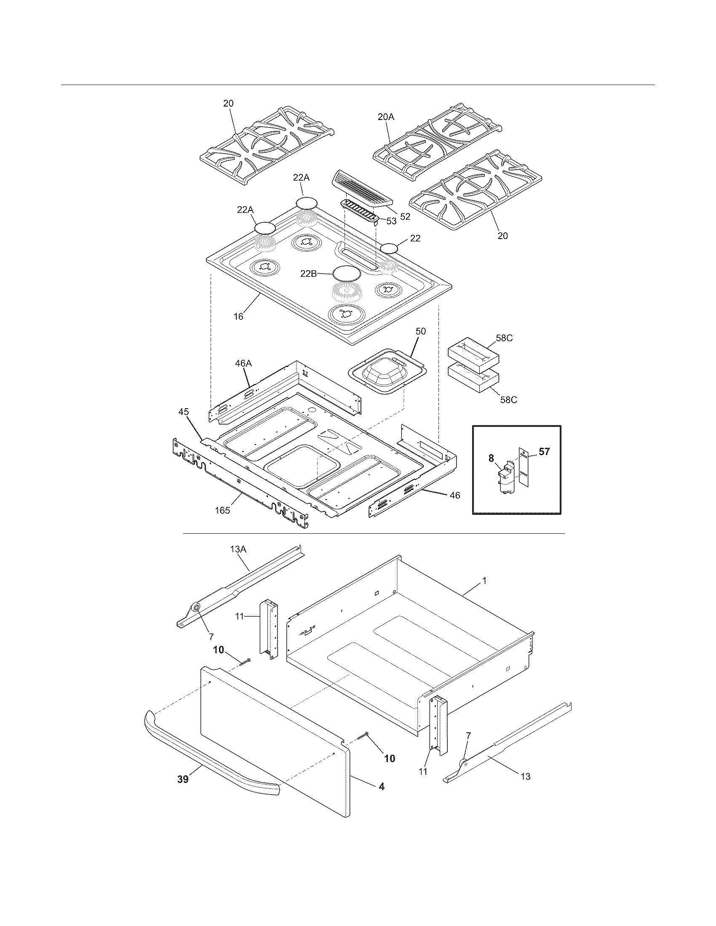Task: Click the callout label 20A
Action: point(385,117)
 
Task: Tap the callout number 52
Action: point(405,216)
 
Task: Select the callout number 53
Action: point(391,221)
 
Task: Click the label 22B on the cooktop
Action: point(309,274)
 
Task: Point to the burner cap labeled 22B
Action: point(347,273)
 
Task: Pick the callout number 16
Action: point(239,316)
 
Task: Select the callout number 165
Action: point(222,511)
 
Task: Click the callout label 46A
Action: point(243,363)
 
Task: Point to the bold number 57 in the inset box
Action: point(544,452)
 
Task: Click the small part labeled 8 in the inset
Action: point(506,478)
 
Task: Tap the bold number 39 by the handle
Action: point(183,779)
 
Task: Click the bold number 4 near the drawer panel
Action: point(381,786)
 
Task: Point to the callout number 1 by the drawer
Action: point(484,581)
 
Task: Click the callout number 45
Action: point(184,412)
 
